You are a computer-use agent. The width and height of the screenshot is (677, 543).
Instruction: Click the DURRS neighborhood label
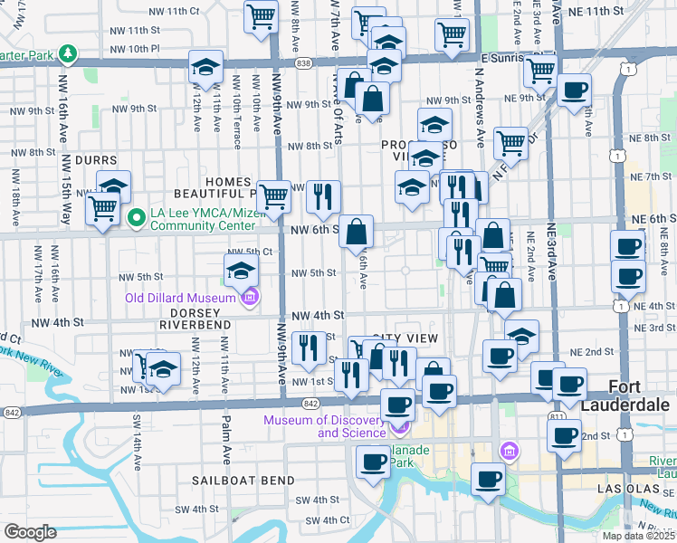coord(96,159)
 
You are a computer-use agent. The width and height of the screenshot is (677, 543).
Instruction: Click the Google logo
coord(29,531)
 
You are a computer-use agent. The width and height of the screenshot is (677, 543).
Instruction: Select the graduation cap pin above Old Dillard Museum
coord(242,269)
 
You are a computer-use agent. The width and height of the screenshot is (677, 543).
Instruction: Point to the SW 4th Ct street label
coord(327,520)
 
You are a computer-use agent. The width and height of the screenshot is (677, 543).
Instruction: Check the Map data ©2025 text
coord(639,536)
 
